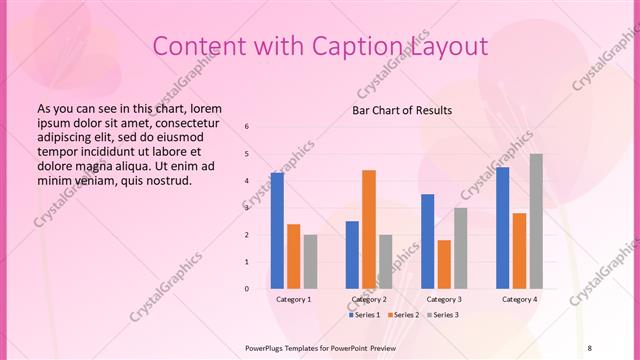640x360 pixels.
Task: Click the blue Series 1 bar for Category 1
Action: click(x=277, y=231)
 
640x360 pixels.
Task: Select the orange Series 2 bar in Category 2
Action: click(x=369, y=229)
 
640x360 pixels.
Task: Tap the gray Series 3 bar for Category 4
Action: click(x=536, y=221)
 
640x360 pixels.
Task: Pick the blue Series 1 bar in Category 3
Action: click(x=428, y=241)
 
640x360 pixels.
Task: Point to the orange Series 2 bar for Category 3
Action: click(x=444, y=264)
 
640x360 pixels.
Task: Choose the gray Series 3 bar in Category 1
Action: click(x=310, y=262)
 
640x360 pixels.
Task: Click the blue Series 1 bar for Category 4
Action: click(x=502, y=228)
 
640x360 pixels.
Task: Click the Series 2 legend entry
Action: click(x=404, y=315)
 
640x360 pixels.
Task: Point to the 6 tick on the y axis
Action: click(x=247, y=127)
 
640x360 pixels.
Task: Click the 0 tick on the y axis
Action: click(x=247, y=289)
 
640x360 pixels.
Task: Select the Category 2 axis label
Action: click(x=369, y=300)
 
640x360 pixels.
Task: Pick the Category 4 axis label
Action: click(x=519, y=300)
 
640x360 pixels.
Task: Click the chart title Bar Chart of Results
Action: click(x=402, y=110)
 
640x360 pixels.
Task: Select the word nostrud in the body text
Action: click(x=167, y=181)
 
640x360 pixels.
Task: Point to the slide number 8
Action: click(x=590, y=347)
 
